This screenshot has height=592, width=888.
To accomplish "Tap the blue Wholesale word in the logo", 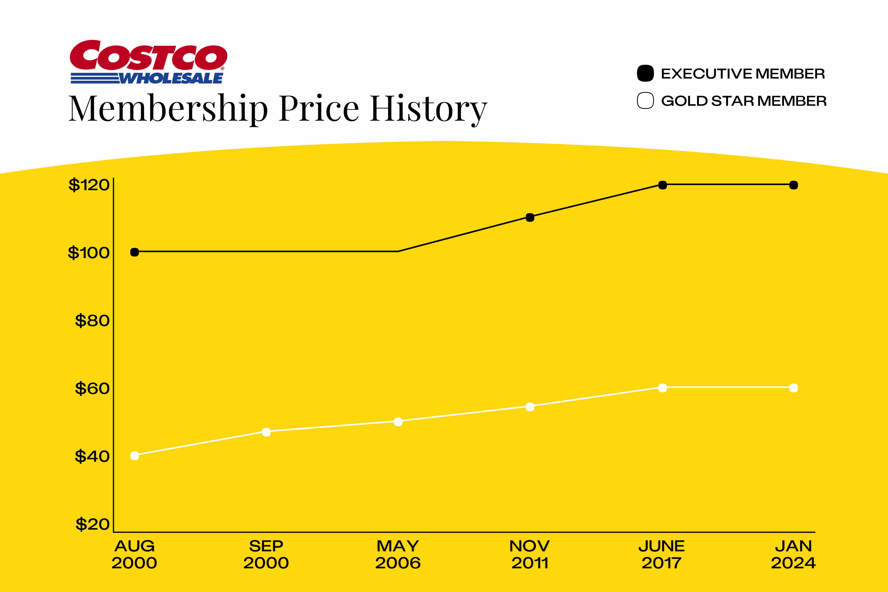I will click(171, 78).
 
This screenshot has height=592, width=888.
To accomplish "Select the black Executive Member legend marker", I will click(645, 73).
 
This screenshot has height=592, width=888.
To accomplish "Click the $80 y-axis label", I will click(92, 320).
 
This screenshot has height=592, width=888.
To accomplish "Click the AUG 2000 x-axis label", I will click(134, 554).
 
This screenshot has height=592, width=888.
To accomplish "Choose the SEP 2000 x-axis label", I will click(266, 554).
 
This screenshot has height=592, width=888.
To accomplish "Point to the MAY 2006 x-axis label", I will click(398, 554).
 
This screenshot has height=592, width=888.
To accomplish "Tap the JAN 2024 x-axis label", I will click(793, 554).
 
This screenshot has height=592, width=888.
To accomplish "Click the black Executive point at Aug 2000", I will click(134, 252).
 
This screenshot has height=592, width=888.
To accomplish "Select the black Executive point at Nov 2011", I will click(530, 217).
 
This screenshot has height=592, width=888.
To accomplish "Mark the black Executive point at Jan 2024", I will click(794, 185).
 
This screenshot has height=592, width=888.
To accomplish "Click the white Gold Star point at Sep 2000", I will click(266, 432).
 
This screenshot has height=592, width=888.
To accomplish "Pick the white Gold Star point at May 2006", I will click(398, 422).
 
